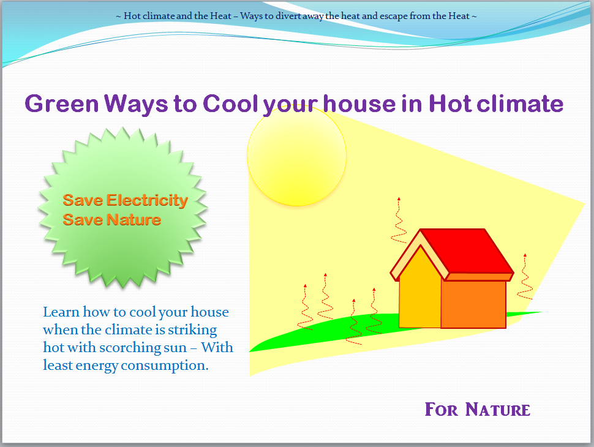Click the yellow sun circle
(x=296, y=156)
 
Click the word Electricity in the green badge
(x=147, y=200)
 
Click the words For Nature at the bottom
(x=477, y=409)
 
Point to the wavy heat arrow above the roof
(x=399, y=220)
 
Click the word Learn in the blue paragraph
(x=60, y=312)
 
